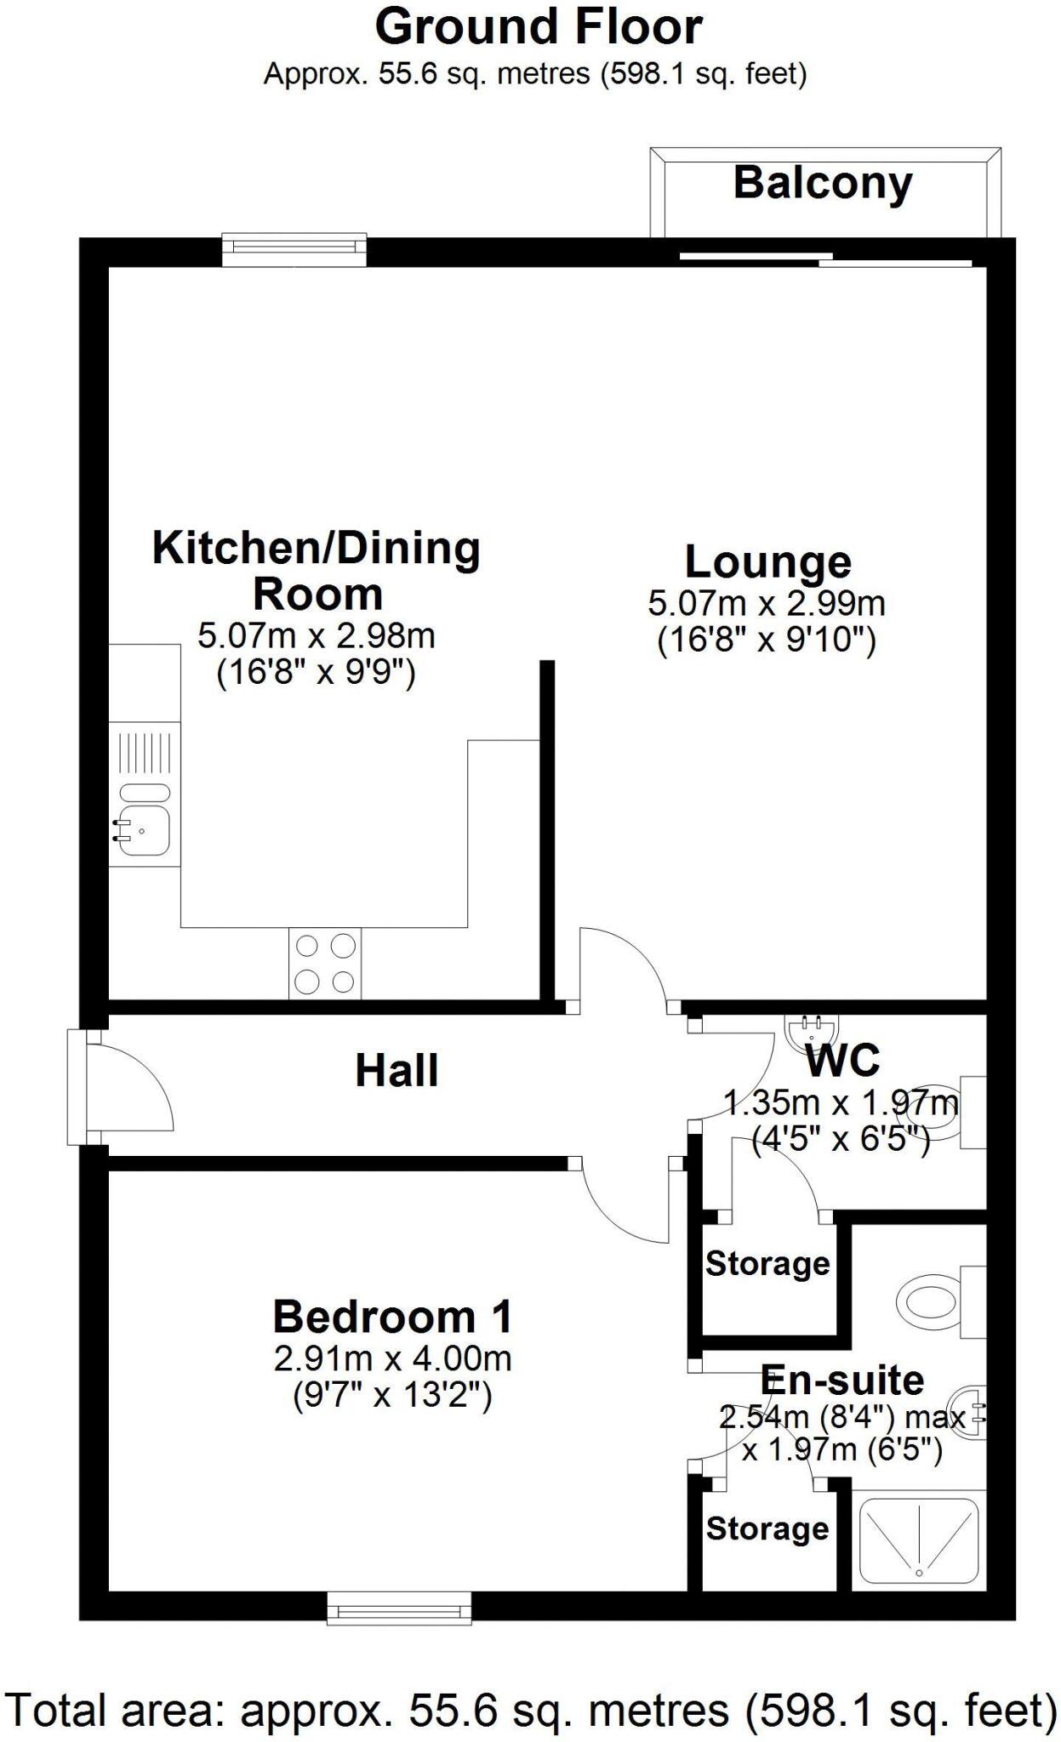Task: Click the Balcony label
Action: (x=822, y=184)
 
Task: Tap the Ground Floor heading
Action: (x=538, y=27)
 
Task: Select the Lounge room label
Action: (x=767, y=562)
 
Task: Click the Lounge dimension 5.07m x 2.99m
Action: (x=767, y=604)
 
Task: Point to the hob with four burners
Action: (x=324, y=963)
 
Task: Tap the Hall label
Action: (x=396, y=1071)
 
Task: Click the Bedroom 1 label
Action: (x=392, y=1318)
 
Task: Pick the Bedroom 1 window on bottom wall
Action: (x=399, y=1608)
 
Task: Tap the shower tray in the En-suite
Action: (x=918, y=1540)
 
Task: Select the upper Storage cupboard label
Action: (x=767, y=1264)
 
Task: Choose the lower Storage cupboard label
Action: (x=767, y=1529)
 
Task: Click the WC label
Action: (x=841, y=1061)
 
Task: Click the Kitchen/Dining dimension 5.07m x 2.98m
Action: (x=316, y=635)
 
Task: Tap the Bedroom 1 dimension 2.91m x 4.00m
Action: (x=392, y=1358)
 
